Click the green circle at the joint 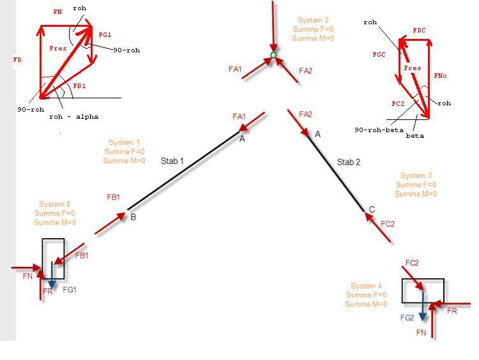pos(273,55)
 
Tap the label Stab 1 pos(172,161)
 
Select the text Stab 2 pos(349,162)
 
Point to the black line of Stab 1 pos(183,170)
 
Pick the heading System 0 pos(55,204)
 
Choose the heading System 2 pos(313,20)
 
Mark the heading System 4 pos(367,286)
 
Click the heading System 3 pos(416,176)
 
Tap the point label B pos(133,217)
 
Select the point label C pos(372,209)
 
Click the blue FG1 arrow pos(52,275)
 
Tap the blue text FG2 pos(407,318)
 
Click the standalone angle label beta pos(415,136)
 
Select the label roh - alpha pos(74,117)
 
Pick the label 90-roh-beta pos(379,130)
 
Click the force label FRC pos(419,30)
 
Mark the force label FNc pos(440,75)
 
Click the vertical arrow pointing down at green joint pos(273,27)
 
